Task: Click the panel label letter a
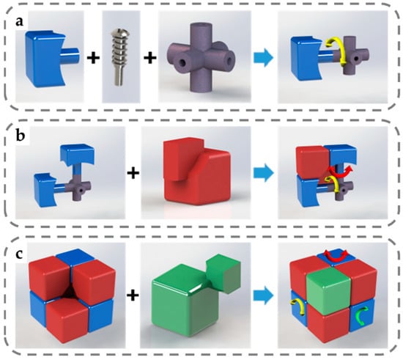click(19, 22)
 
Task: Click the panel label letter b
click(21, 135)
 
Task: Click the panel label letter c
click(19, 254)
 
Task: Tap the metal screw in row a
click(119, 58)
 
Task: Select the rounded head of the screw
click(120, 33)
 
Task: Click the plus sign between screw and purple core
click(150, 58)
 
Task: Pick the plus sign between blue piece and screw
click(93, 58)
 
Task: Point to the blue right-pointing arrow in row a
click(264, 58)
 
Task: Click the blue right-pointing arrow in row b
click(264, 173)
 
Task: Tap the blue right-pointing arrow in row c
click(263, 295)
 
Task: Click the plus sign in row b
click(133, 173)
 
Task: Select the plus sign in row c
click(133, 295)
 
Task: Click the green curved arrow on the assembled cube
click(359, 316)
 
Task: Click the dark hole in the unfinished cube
click(70, 295)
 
